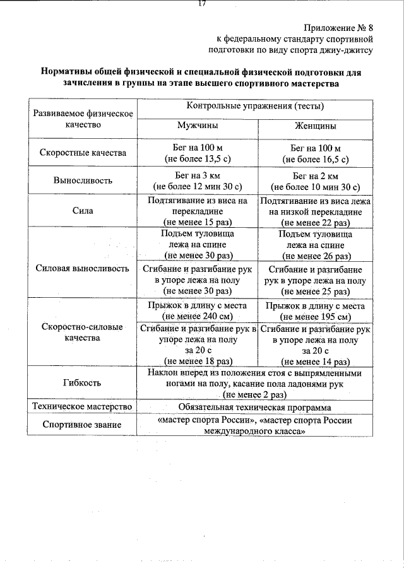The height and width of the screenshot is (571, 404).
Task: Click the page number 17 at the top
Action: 202,3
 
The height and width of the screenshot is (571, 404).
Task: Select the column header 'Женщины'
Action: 315,126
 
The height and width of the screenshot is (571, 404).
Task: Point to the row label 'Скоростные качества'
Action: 83,153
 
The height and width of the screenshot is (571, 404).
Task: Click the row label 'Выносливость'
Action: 83,180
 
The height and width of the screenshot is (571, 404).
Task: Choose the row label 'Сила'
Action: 83,211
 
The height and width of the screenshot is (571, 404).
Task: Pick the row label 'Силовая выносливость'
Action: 83,268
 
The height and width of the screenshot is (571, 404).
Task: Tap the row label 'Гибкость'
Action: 83,383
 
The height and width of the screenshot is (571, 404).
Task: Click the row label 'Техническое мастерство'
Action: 83,407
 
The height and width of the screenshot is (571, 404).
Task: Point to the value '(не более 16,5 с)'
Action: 315,159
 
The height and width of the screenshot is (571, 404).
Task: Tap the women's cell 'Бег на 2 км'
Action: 315,175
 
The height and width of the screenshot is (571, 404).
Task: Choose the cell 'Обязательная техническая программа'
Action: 255,407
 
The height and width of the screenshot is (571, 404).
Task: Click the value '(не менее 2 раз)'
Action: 255,394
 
